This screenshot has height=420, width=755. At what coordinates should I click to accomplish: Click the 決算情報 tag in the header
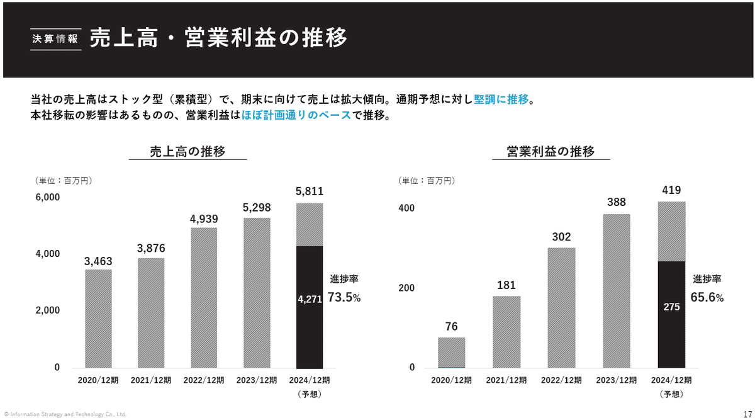[x=56, y=38]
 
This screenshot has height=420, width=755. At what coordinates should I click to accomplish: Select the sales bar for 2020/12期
[x=98, y=319]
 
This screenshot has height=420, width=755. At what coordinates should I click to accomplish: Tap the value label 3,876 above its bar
[x=151, y=249]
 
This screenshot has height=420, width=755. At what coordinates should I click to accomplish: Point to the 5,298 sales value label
[x=257, y=208]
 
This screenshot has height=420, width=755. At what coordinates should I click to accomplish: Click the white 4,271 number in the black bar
[x=310, y=300]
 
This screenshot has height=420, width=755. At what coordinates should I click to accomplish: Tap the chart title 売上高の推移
[x=187, y=152]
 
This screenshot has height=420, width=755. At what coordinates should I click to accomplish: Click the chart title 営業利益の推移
[x=551, y=152]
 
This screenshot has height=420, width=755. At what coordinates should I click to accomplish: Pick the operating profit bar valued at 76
[x=451, y=353]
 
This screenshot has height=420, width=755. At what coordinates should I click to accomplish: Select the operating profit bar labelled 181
[x=506, y=332]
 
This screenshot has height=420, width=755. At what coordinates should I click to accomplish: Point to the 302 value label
[x=561, y=237]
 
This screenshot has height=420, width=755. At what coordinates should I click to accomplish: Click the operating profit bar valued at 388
[x=616, y=291]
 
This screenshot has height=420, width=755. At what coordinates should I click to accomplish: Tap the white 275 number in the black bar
[x=671, y=307]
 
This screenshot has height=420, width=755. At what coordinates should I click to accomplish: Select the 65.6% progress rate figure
[x=707, y=297]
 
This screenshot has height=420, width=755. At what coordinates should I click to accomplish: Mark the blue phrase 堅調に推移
[x=501, y=99]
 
